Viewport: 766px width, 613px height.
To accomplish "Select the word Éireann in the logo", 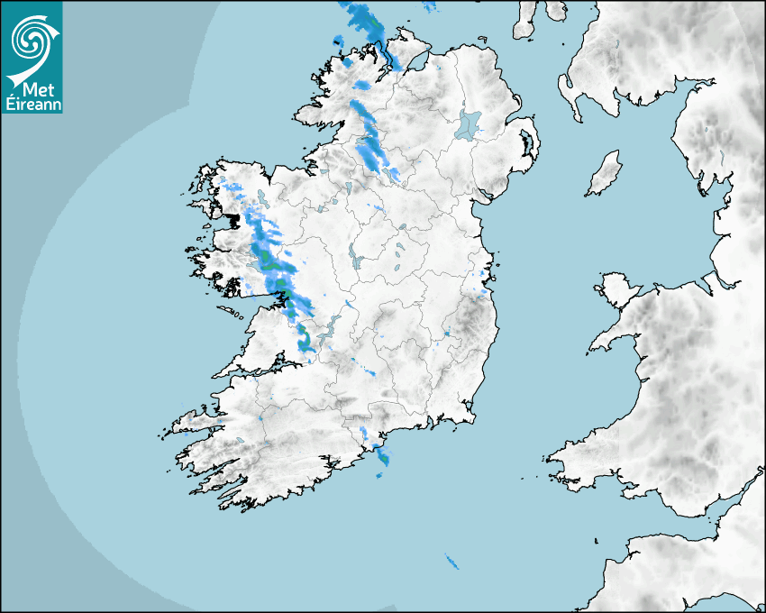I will pyautogui.click(x=32, y=103).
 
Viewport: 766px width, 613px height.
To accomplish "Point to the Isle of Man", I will pyautogui.click(x=605, y=173).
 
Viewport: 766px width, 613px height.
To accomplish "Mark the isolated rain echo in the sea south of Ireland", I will pyautogui.click(x=451, y=563).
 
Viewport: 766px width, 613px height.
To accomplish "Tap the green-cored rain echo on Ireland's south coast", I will pyautogui.click(x=384, y=456).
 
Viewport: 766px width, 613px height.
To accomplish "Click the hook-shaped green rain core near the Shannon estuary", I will pyautogui.click(x=305, y=342).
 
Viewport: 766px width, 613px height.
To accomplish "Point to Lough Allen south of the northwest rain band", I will pyautogui.click(x=347, y=189).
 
